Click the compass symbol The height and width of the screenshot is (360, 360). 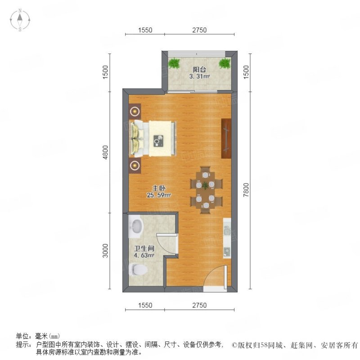(21, 20)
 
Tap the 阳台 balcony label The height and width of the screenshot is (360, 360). (199, 69)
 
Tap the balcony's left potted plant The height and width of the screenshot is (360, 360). (175, 63)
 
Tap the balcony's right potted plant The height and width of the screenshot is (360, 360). (224, 63)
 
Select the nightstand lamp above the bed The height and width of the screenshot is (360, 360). (135, 111)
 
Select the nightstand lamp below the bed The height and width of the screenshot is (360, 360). (135, 165)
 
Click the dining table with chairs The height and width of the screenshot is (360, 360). (206, 188)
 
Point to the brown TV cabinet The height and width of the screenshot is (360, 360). (226, 138)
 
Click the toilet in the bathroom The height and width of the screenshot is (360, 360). (137, 270)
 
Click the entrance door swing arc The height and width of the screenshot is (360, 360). (215, 275)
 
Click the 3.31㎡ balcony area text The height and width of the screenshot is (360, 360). (199, 76)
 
